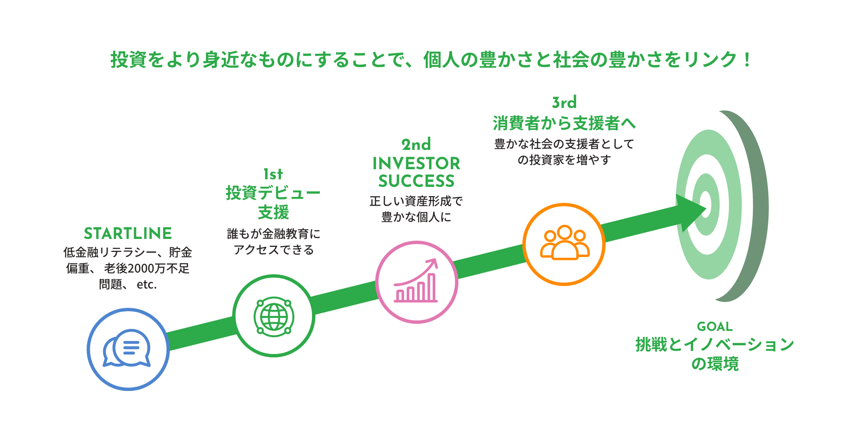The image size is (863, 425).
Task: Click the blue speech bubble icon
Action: (x=127, y=349)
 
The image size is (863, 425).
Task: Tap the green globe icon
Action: (x=274, y=316)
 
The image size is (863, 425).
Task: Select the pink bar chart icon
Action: (x=416, y=282)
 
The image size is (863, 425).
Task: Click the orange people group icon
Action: (x=564, y=244)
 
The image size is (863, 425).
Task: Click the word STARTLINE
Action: (x=128, y=233)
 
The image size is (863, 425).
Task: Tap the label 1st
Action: (x=273, y=174)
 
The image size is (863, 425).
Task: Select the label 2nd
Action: (x=416, y=145)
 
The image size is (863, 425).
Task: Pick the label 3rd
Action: (x=564, y=102)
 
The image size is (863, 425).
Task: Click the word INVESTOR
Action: (x=416, y=163)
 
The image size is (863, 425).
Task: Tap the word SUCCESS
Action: (x=416, y=181)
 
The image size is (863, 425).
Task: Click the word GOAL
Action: (x=715, y=326)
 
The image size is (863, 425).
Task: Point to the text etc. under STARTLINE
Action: (x=147, y=285)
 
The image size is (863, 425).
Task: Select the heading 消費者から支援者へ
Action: (x=564, y=123)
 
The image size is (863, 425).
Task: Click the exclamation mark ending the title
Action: (x=747, y=60)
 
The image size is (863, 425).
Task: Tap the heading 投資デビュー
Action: (x=273, y=193)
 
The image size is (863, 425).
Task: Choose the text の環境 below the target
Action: (x=715, y=364)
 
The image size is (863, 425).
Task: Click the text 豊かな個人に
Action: (x=416, y=217)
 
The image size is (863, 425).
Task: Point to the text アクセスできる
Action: (x=273, y=250)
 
